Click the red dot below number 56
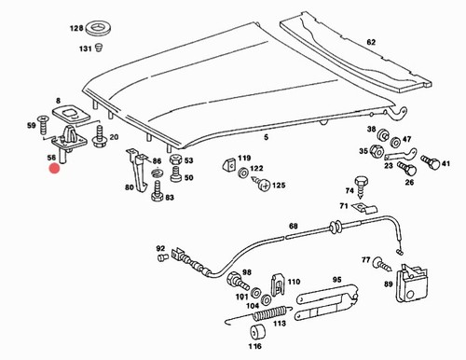pyautogui.click(x=54, y=168)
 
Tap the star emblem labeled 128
pyautogui.click(x=99, y=29)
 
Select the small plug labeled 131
pyautogui.click(x=99, y=48)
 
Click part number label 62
pyautogui.click(x=371, y=42)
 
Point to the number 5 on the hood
pyautogui.click(x=266, y=137)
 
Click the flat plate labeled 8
pyautogui.click(x=71, y=114)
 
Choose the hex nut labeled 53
pyautogui.click(x=175, y=159)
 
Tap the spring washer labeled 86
pyautogui.click(x=158, y=173)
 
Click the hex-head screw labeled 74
pyautogui.click(x=361, y=187)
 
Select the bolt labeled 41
pyautogui.click(x=431, y=161)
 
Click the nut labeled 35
pyautogui.click(x=375, y=151)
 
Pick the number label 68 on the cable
pyautogui.click(x=293, y=226)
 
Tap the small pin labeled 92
pyautogui.click(x=162, y=257)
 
